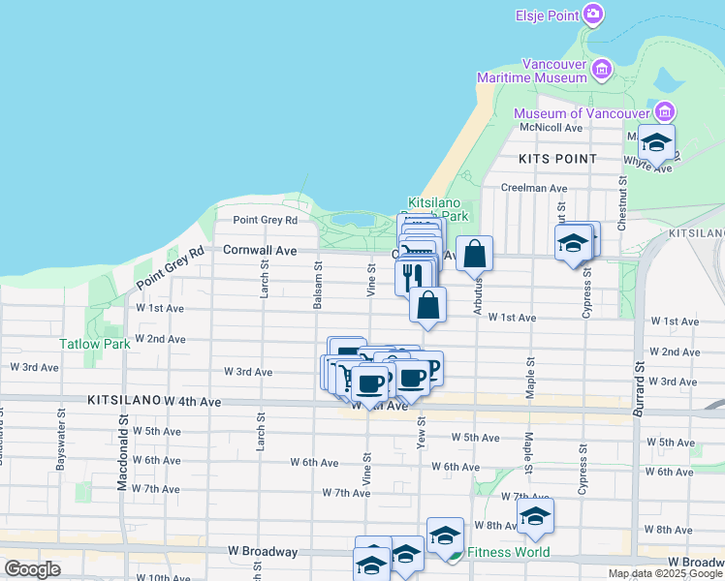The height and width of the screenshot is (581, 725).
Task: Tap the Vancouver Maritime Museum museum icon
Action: coord(602,69)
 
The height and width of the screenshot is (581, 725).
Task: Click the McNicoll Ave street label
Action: coord(551,127)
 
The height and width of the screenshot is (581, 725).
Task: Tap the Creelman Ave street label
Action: coord(534,188)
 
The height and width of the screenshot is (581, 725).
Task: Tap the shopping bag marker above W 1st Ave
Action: coord(427,306)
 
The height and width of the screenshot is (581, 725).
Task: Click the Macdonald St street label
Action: coord(123,452)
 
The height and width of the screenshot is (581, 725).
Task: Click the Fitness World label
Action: coord(508,553)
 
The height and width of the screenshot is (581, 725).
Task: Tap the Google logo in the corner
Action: coord(32,569)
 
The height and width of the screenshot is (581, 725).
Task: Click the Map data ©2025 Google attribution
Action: coord(665,573)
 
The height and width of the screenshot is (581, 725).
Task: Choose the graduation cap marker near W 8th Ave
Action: coord(534,518)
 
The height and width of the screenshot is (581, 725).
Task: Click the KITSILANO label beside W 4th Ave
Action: coord(123,399)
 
